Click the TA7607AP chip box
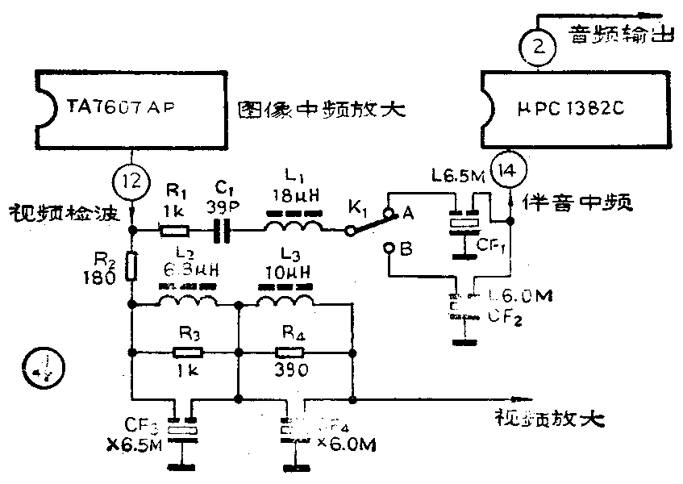130,108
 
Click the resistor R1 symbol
174,232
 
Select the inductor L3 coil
285,301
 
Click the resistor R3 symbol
188,352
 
